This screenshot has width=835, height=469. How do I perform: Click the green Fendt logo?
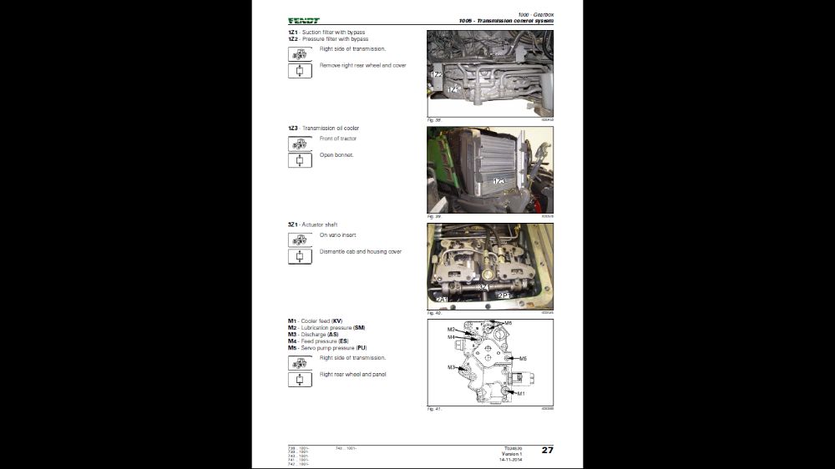[x=303, y=21]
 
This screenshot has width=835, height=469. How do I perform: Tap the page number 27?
[x=547, y=450]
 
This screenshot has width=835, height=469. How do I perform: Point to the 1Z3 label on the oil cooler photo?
[x=499, y=180]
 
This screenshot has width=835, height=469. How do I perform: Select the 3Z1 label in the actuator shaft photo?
[x=483, y=286]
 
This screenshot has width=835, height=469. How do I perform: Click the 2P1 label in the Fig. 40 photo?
[x=504, y=295]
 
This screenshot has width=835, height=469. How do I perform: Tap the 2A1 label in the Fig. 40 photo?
[x=442, y=299]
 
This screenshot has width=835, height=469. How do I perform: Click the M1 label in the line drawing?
[x=520, y=393]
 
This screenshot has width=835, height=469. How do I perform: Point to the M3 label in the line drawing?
[x=451, y=367]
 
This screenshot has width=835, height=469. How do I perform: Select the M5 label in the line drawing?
[x=523, y=359]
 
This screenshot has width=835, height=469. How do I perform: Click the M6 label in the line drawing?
[x=508, y=323]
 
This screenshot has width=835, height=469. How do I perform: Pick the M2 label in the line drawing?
[x=451, y=330]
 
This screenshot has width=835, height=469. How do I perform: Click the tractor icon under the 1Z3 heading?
[x=300, y=144]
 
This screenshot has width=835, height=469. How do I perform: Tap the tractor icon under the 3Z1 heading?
[x=300, y=240]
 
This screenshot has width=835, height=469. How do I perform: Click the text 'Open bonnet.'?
[x=337, y=155]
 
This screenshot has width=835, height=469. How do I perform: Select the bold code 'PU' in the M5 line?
[x=361, y=347]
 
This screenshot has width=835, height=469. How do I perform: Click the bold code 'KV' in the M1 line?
[x=337, y=320]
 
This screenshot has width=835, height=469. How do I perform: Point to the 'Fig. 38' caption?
[x=433, y=120]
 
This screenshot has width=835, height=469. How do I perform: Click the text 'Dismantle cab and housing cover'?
[x=361, y=251]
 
